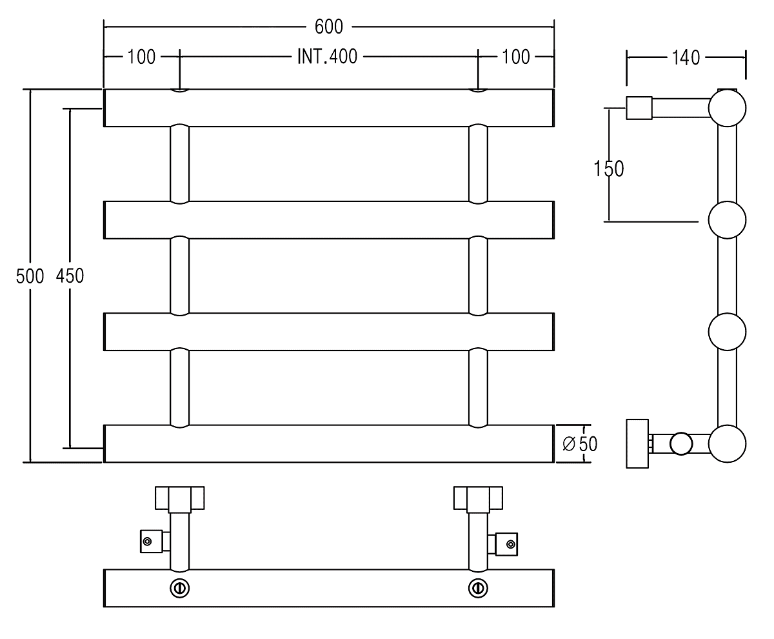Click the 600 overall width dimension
pyautogui.click(x=328, y=26)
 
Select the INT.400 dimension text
pyautogui.click(x=327, y=57)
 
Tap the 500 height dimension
pyautogui.click(x=30, y=276)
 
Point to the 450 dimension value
pyautogui.click(x=70, y=276)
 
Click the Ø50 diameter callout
pyautogui.click(x=579, y=444)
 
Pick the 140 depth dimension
pyautogui.click(x=686, y=57)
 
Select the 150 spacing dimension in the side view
pyautogui.click(x=609, y=168)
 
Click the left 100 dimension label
pyautogui.click(x=141, y=57)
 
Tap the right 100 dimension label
pyautogui.click(x=515, y=57)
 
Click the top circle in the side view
pyautogui.click(x=728, y=108)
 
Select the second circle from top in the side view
pyautogui.click(x=728, y=221)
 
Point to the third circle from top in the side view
pyautogui.click(x=728, y=332)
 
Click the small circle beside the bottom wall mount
pyautogui.click(x=680, y=444)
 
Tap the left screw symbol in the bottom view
pyautogui.click(x=179, y=588)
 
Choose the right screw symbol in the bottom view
pyautogui.click(x=478, y=588)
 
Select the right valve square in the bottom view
pyautogui.click(x=508, y=543)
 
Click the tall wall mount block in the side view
pyautogui.click(x=637, y=443)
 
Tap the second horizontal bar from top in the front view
pyautogui.click(x=329, y=220)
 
